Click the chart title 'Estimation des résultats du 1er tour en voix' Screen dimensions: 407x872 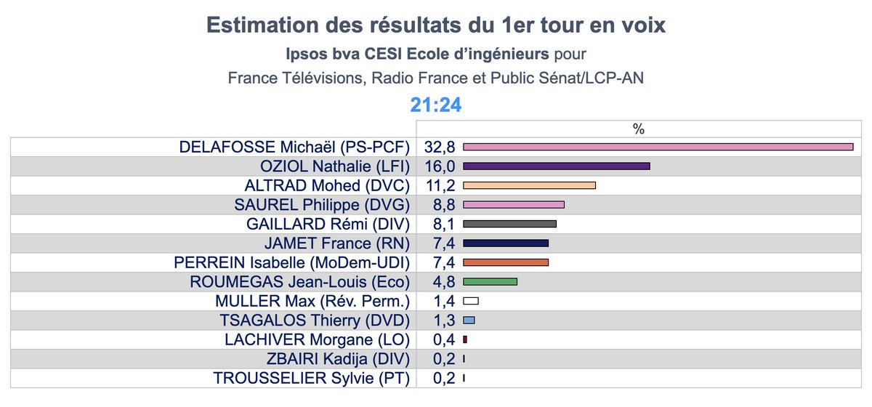436,25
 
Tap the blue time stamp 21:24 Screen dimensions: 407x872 436,105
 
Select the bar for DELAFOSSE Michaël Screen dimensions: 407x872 658,147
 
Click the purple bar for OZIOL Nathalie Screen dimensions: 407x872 556,166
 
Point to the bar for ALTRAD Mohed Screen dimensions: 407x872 529,185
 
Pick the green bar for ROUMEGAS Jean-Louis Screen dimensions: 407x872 490,281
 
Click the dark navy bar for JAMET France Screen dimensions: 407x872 505,243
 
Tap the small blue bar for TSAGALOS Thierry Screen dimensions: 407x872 469,320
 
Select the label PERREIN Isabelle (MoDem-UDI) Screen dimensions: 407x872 292,262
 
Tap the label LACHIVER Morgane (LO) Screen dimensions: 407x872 318,339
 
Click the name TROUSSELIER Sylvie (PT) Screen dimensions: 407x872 312,378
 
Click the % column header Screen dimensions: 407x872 638,129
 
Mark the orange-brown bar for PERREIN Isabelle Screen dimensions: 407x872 505,262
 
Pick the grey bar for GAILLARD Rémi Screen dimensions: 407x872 509,224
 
